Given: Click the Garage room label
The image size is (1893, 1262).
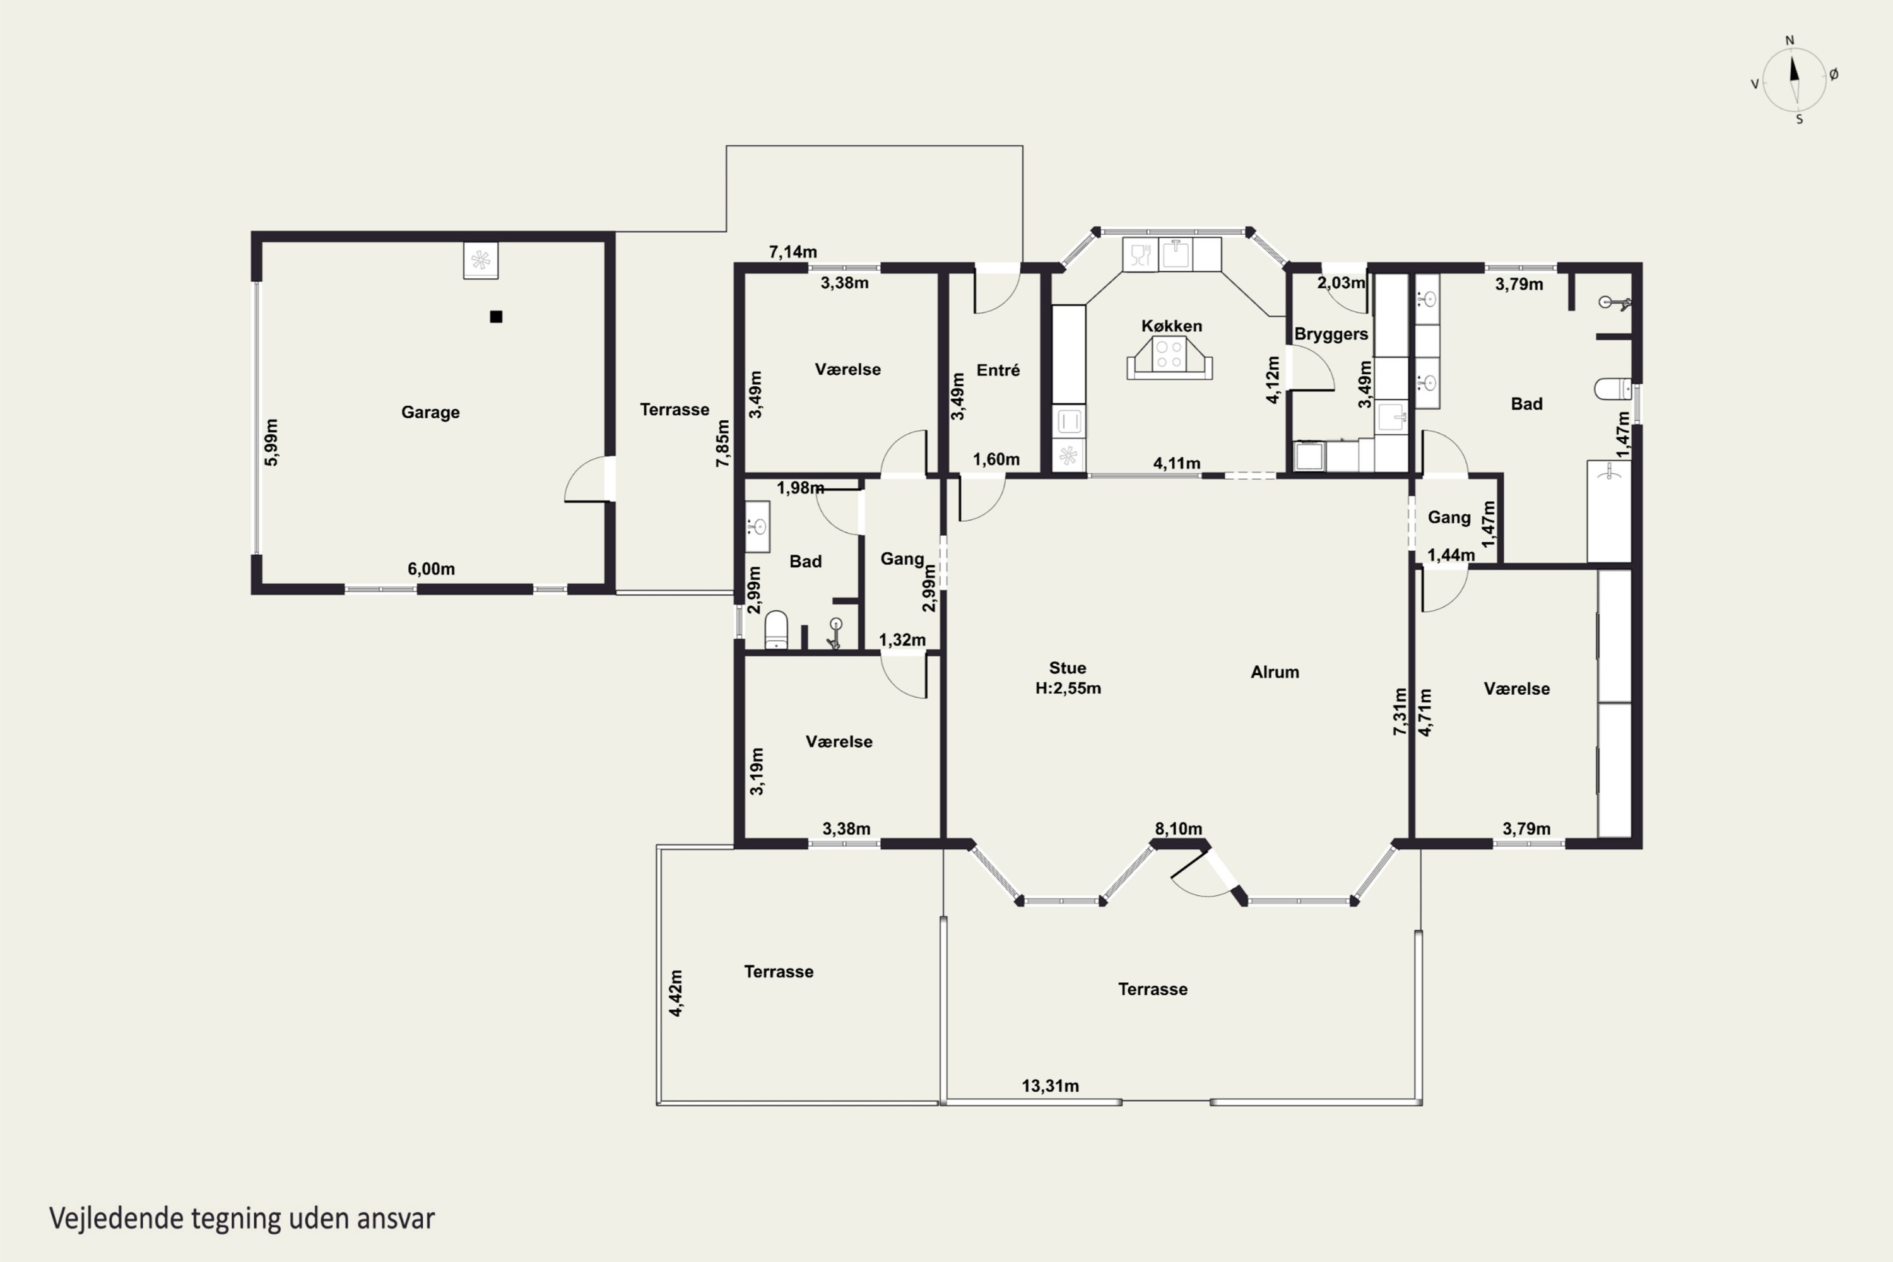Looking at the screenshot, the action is click(430, 412).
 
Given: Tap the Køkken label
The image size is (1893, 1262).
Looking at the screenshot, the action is click(1171, 326).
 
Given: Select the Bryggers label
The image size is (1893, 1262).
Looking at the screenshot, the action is click(1331, 334).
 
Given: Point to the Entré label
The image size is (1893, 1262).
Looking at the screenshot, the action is click(998, 370).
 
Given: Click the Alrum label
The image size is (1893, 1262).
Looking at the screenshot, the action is click(1275, 672).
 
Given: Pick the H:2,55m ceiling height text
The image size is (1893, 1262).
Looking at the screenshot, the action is click(1068, 688).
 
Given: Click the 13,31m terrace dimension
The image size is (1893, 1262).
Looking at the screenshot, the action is click(1051, 1086).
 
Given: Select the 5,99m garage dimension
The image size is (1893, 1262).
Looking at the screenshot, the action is click(271, 442).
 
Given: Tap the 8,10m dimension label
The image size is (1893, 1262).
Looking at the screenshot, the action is click(1178, 829).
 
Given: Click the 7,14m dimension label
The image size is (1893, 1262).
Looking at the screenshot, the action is click(793, 252).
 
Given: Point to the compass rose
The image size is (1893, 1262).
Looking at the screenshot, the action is click(1794, 80).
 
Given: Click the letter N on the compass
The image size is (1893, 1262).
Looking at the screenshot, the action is click(1790, 40).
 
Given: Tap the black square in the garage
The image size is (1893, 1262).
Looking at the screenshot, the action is click(496, 316).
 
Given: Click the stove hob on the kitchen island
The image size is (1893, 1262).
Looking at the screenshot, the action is click(1169, 354).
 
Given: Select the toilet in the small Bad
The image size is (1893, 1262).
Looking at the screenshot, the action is click(776, 629).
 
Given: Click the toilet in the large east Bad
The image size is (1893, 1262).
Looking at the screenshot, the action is click(1613, 389).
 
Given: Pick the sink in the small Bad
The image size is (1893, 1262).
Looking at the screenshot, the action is click(757, 526).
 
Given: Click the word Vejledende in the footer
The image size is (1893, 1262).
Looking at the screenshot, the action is click(117, 1218).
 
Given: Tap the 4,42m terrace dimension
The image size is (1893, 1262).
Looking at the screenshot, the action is click(676, 993).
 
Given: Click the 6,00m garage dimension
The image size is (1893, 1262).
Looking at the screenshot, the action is click(432, 569).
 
